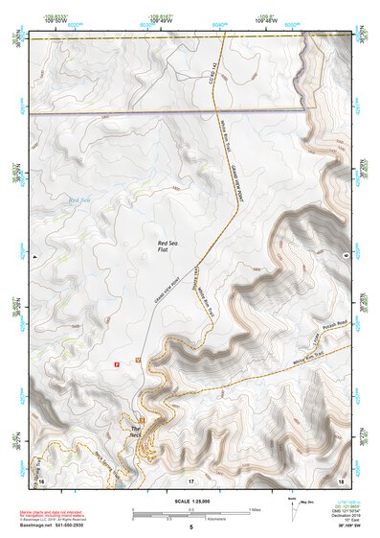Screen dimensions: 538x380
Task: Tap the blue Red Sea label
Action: [78, 199]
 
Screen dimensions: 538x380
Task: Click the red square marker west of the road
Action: [117, 364]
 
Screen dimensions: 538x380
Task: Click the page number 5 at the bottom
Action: [190, 528]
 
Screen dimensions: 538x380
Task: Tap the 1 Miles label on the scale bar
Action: [254, 509]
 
